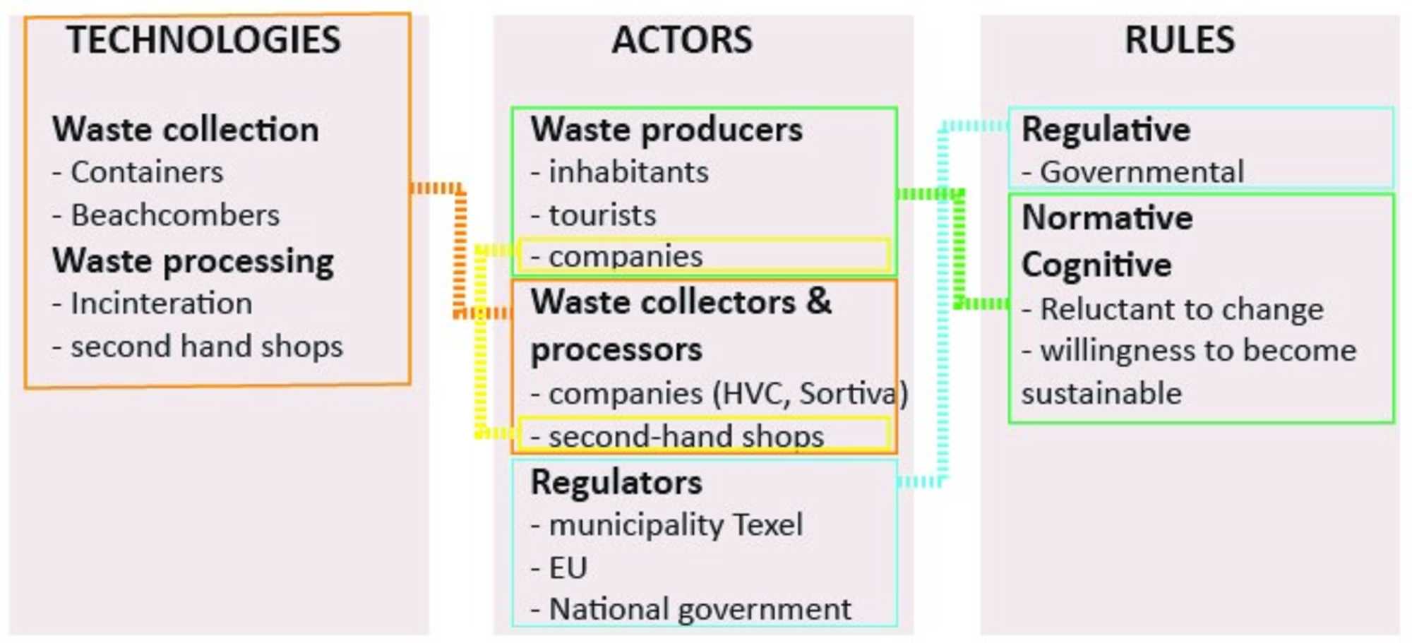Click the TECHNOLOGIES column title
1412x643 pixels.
[203, 40]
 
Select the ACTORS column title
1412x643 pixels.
[682, 40]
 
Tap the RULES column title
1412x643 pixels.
[1180, 40]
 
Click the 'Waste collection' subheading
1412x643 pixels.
[186, 130]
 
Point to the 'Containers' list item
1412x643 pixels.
[147, 172]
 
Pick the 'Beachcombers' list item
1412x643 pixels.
[175, 215]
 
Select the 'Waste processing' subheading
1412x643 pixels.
[193, 261]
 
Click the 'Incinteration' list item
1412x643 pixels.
[161, 304]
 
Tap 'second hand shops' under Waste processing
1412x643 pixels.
[206, 347]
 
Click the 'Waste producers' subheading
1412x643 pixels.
[666, 130]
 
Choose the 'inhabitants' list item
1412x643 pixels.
[628, 172]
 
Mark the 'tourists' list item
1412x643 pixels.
[602, 215]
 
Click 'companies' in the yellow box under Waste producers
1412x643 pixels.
[626, 257]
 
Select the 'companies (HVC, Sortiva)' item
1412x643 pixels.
[727, 394]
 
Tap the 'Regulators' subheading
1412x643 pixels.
[616, 483]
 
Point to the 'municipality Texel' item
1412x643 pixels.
[676, 525]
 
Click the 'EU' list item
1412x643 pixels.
[568, 567]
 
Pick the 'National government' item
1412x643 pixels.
[700, 609]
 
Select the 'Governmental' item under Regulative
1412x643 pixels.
[1142, 172]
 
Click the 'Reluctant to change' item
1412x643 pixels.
[1182, 309]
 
